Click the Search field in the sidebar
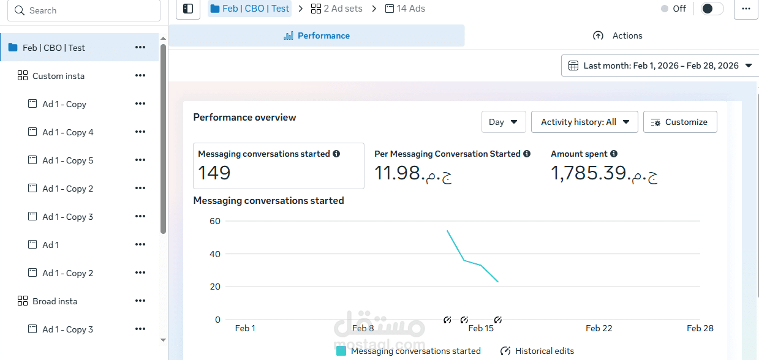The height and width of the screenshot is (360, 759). coord(86,10)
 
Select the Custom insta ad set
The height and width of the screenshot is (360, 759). coord(58,76)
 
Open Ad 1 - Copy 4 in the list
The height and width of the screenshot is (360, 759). coord(67,132)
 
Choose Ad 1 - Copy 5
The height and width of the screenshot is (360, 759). coord(67,160)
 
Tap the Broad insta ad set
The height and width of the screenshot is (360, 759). coord(55,301)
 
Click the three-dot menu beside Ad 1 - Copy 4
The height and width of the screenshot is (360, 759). coord(140,132)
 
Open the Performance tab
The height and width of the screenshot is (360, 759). coord(317,36)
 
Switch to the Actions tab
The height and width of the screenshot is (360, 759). coord(618,36)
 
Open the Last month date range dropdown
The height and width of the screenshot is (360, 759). coord(659,66)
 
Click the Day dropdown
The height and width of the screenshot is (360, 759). coord(504,122)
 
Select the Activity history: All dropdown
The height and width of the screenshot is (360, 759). coord(584,122)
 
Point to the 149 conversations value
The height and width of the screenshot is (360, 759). coord(214,173)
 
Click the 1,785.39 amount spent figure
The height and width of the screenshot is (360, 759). coord(604,173)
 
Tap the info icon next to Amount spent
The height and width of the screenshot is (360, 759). coord(614,154)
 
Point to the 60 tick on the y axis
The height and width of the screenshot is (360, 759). coord(214,221)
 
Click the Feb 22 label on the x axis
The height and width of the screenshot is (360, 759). coord(599,328)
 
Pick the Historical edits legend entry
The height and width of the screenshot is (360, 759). coord(537,351)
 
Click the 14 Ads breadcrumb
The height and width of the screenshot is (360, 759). coord(405,9)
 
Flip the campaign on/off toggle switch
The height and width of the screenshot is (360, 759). coord(712,9)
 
